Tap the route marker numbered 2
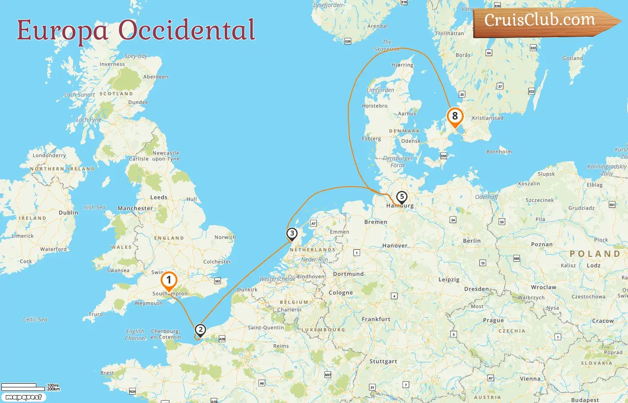[200, 330]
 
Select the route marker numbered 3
[292, 233]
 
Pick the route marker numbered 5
[401, 197]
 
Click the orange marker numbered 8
[455, 116]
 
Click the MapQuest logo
[23, 397]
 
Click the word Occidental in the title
[187, 30]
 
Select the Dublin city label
[69, 213]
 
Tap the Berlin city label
[471, 241]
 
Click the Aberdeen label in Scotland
[156, 77]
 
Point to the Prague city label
[493, 321]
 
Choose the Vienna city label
[530, 379]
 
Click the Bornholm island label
[499, 152]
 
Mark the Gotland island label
[572, 58]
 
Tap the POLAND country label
[595, 254]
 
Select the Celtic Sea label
[35, 320]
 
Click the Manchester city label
[135, 208]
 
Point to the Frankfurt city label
[376, 319]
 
